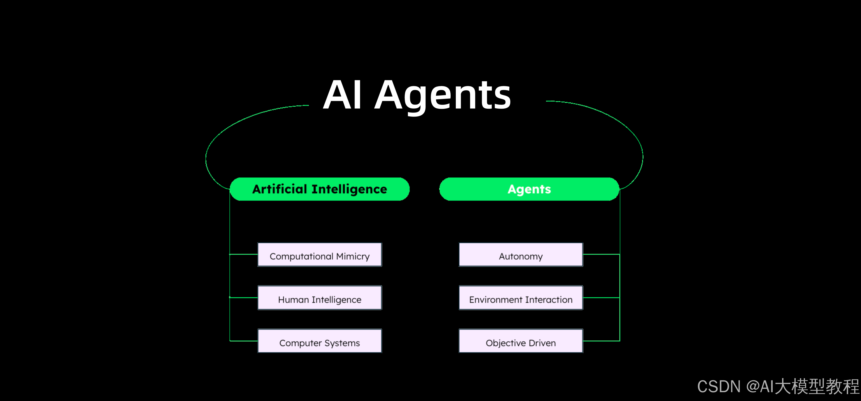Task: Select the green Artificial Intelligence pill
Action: coord(320,189)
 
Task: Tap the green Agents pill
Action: coord(529,189)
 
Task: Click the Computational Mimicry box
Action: coord(320,255)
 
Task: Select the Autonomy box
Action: coord(521,255)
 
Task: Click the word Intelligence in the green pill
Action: coord(349,189)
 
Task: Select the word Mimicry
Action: coord(353,257)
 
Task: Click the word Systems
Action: coord(342,343)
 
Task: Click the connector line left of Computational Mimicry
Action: coord(244,254)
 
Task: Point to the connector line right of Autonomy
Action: coord(601,254)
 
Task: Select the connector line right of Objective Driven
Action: coord(601,341)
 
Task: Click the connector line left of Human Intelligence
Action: coord(244,297)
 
